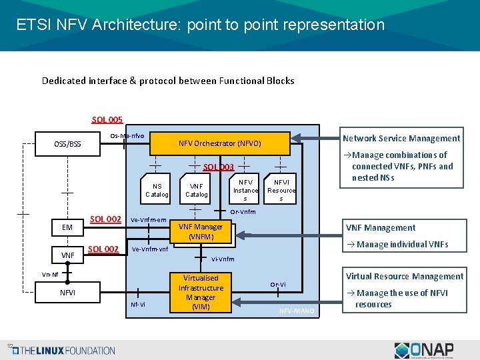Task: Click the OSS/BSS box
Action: tap(67, 144)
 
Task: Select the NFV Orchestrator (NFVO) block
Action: tap(219, 143)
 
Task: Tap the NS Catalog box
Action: tap(157, 190)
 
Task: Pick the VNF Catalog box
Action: tap(196, 190)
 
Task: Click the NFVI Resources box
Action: tap(281, 189)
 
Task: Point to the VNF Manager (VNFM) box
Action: tap(201, 232)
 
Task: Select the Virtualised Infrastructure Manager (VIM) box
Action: tap(201, 292)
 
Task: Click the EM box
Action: tap(67, 227)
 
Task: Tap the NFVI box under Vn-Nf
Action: tap(67, 291)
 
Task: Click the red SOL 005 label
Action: tap(107, 120)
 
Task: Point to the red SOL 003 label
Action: tap(218, 167)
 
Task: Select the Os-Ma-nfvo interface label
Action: tap(127, 135)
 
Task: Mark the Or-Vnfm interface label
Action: tap(243, 212)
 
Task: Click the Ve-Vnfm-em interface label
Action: tap(148, 219)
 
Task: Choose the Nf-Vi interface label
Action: tap(138, 305)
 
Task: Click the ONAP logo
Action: tap(424, 350)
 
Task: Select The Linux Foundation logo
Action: tap(64, 350)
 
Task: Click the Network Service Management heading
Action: tap(401, 139)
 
